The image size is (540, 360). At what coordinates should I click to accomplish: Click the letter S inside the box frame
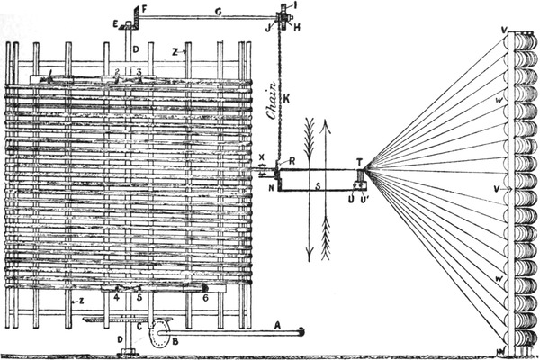[316, 187]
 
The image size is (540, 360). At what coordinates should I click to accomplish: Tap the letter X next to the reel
[262, 157]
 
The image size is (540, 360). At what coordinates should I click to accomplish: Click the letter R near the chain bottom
[280, 162]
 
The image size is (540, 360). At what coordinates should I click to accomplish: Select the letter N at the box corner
[271, 189]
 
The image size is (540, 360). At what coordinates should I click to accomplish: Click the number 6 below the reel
[204, 296]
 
